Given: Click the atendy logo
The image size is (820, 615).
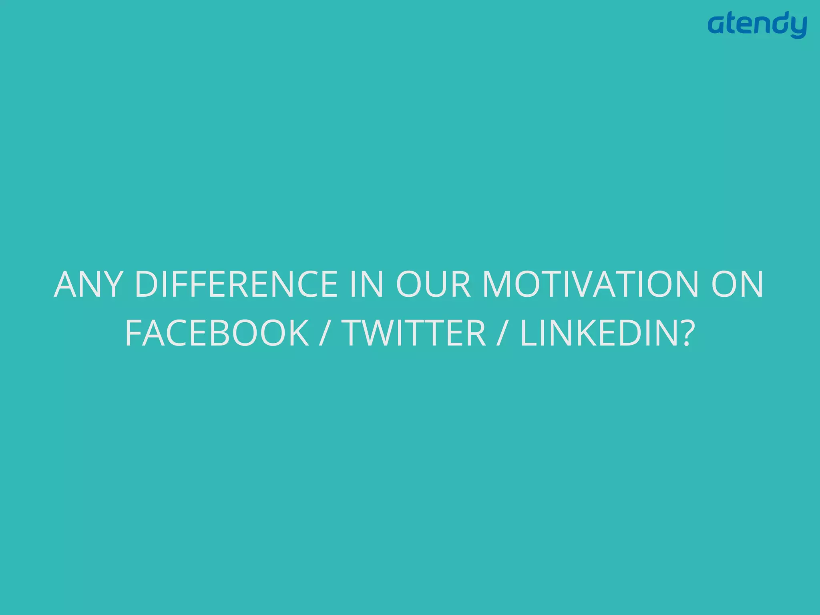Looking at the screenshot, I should [x=757, y=25].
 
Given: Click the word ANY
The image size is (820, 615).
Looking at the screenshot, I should [x=87, y=284].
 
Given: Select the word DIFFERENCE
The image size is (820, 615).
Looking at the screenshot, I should [x=236, y=284].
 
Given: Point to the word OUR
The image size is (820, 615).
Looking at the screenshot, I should [x=433, y=284].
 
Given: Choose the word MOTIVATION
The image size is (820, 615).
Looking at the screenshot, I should [x=590, y=284].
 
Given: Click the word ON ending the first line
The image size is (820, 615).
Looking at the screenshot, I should [x=737, y=284].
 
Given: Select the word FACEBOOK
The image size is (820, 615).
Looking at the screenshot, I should [x=217, y=333].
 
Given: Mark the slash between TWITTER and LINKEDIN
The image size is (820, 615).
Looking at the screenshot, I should [x=502, y=333].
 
